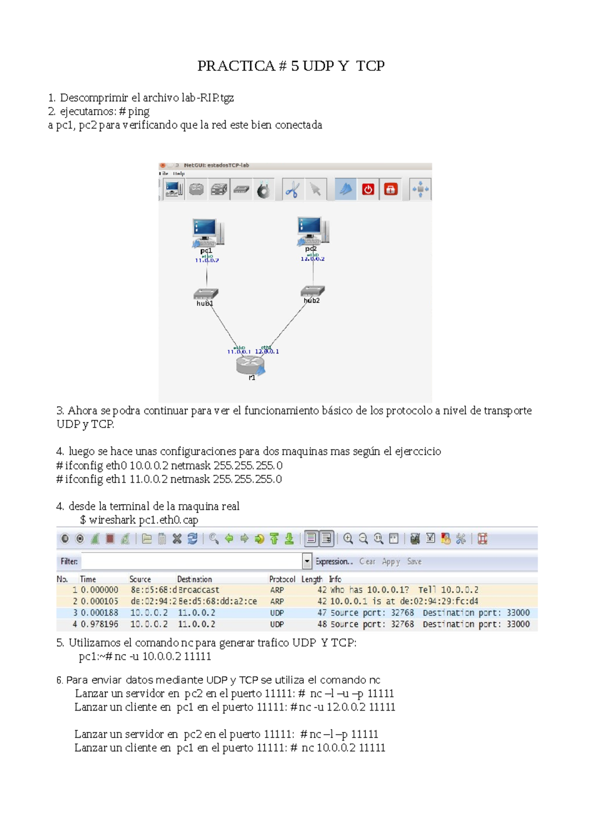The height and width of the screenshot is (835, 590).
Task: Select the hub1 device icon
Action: (x=206, y=294)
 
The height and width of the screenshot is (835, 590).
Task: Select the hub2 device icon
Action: (x=312, y=291)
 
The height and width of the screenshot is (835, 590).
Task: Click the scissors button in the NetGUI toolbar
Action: (x=292, y=189)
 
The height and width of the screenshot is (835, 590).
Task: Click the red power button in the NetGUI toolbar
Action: (x=368, y=189)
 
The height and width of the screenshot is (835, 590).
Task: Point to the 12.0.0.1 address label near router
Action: (x=267, y=352)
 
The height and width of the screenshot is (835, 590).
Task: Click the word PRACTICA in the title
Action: (x=236, y=66)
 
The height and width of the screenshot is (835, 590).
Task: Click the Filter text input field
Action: (x=192, y=561)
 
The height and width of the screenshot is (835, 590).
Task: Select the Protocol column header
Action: (x=282, y=579)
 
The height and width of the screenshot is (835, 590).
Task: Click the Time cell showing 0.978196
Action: (x=99, y=624)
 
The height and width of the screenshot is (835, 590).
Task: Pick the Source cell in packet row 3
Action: (x=148, y=613)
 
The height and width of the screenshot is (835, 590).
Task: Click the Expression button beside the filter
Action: (x=334, y=561)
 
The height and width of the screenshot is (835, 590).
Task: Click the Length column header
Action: (x=312, y=579)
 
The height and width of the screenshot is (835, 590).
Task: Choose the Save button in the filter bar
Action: (x=414, y=561)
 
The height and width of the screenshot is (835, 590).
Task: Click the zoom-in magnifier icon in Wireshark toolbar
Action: (x=348, y=539)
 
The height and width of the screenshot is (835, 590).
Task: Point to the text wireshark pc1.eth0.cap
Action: (x=143, y=520)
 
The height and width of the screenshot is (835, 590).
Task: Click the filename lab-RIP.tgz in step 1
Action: (x=207, y=98)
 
